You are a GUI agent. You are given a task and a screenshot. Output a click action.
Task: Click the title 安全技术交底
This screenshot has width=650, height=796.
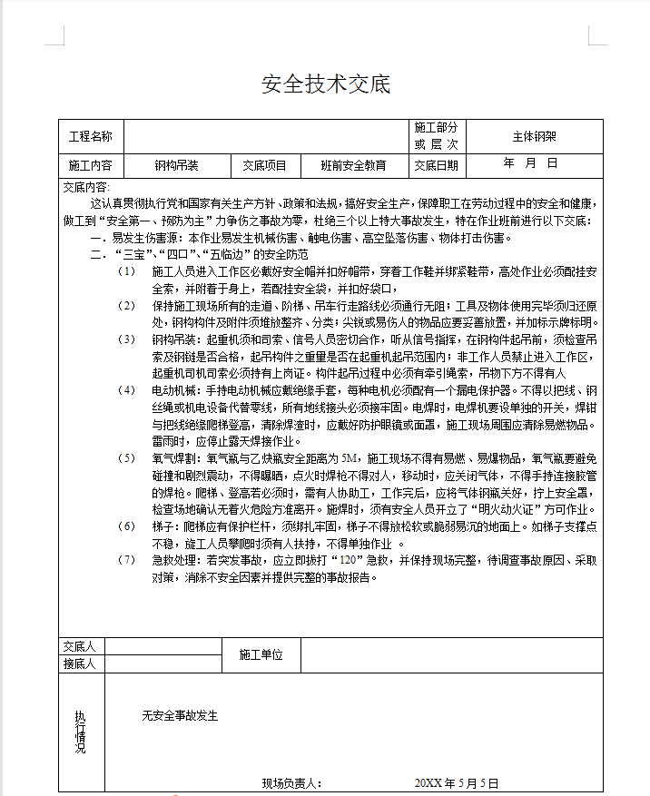(x=325, y=84)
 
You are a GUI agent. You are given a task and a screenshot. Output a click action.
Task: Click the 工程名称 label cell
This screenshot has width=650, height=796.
(x=91, y=137)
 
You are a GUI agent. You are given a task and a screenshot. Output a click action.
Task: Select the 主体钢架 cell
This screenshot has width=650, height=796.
(x=535, y=137)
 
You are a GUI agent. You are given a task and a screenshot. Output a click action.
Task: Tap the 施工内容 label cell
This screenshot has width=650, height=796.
(x=91, y=165)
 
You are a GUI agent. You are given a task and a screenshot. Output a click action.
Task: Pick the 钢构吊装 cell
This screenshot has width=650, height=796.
(x=176, y=165)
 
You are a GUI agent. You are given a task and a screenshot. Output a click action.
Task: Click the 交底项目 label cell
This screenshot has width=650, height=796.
(x=264, y=165)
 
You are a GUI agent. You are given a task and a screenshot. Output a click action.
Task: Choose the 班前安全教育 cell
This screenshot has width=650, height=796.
(x=353, y=165)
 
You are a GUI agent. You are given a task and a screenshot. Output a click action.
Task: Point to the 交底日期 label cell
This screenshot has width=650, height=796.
(x=437, y=165)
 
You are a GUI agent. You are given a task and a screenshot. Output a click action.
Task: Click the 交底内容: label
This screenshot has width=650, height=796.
(x=86, y=186)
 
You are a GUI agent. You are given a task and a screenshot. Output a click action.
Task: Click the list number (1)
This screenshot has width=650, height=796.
(x=127, y=270)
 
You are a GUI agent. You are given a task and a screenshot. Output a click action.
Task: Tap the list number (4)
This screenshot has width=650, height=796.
(x=127, y=389)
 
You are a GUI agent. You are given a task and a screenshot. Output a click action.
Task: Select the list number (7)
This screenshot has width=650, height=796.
(x=127, y=559)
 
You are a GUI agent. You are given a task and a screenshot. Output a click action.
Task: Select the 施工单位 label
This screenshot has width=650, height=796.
(x=261, y=654)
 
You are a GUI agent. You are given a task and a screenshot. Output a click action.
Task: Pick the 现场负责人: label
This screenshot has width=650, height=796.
(x=291, y=782)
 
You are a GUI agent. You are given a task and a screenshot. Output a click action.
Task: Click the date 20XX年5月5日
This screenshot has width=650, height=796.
(x=457, y=782)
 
